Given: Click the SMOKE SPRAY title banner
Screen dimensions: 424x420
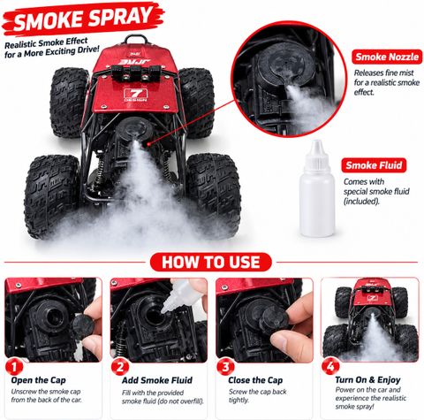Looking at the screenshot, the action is [x=83, y=19].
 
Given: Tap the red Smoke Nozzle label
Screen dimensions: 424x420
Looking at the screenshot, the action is [x=387, y=57].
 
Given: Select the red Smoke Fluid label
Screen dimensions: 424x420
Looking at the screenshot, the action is [x=374, y=165].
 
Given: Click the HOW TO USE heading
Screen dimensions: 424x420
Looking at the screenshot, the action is [x=211, y=262].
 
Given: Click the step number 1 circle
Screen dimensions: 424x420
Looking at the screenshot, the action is [x=14, y=367].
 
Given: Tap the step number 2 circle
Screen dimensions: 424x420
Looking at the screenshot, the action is [x=120, y=367].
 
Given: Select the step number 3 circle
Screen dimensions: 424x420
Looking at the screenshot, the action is [x=225, y=367].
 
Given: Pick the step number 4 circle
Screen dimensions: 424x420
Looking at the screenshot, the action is [x=330, y=367].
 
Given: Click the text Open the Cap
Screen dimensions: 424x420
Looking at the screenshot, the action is [x=38, y=380].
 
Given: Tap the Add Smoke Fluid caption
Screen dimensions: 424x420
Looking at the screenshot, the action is [x=157, y=380].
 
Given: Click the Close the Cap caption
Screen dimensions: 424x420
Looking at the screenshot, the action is [x=255, y=380].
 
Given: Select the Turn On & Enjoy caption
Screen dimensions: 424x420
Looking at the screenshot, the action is [x=367, y=380].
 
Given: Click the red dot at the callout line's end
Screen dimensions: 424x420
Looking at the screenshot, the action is [x=148, y=144].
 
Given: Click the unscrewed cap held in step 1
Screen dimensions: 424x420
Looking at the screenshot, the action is [x=83, y=325].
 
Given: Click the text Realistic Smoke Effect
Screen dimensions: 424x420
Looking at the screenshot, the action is [x=46, y=43].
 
